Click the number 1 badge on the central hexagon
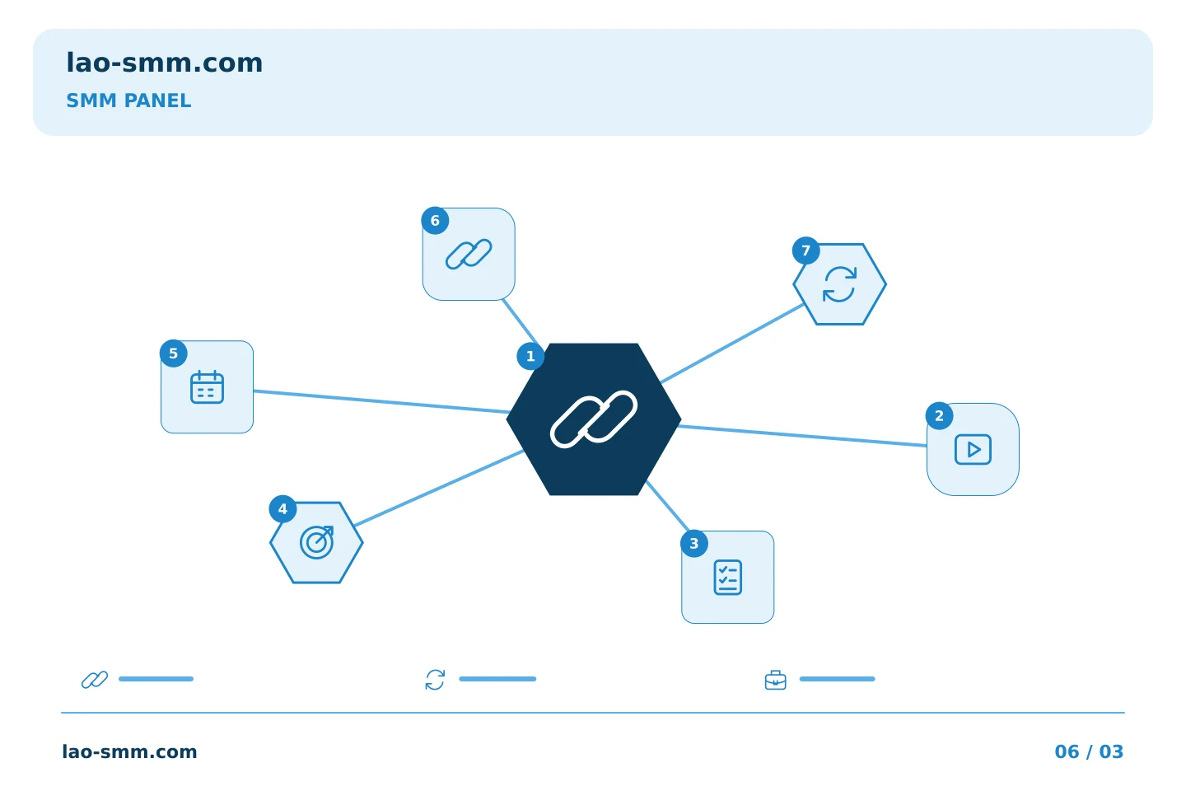pos(530,356)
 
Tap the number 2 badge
pos(939,416)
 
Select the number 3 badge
pos(694,544)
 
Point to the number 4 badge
pos(282,509)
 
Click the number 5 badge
pos(174,353)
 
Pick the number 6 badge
pos(435,220)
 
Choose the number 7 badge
pos(805,250)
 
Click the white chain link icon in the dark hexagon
pos(594,419)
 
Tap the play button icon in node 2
pos(973,449)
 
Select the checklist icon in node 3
pos(727,577)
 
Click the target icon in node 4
pos(317,542)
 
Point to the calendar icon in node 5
pos(207,386)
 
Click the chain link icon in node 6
pos(469,255)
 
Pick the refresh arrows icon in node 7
pos(839,284)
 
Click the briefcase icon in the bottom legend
pos(776,680)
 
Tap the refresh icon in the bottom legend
pos(435,680)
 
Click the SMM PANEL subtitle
pos(128,101)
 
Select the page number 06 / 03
pos(1089,751)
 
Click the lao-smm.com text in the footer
pos(130,751)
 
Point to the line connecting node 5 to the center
pos(381,401)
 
